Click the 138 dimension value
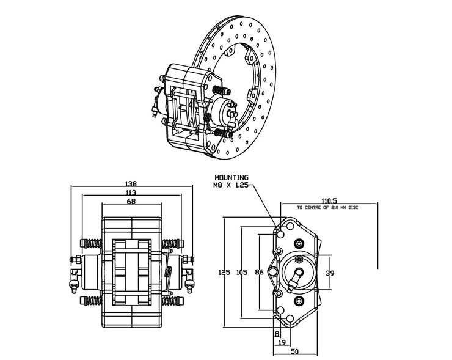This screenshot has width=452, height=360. (x=130, y=183)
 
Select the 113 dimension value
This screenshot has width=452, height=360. (x=130, y=193)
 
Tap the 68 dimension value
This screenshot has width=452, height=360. (x=130, y=202)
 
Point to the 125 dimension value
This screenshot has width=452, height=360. (x=224, y=273)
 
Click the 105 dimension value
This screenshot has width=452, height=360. (x=242, y=273)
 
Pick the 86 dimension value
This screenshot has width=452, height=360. (x=259, y=273)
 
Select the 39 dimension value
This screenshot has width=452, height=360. (x=330, y=273)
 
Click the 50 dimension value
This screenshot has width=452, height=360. (x=294, y=352)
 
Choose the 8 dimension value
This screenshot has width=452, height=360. (x=277, y=334)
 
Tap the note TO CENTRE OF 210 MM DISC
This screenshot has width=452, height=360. (x=327, y=208)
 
